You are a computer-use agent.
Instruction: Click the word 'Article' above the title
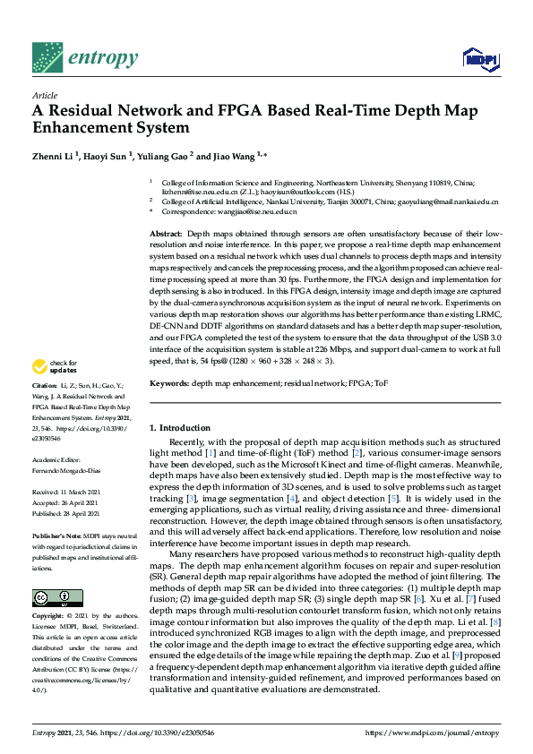[44, 94]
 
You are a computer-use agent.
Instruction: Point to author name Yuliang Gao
[164, 155]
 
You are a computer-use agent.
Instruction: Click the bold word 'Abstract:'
[168, 233]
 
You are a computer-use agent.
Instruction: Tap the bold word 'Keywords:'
[168, 382]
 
